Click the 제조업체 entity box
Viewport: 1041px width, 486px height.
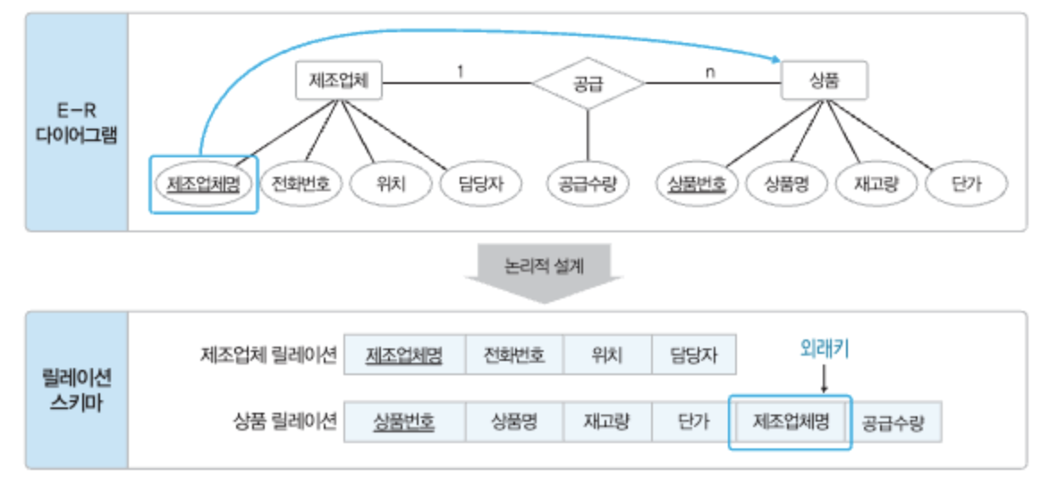coord(339,83)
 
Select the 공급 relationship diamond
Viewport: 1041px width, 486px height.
coord(588,84)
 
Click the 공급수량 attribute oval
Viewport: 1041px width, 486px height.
coord(588,184)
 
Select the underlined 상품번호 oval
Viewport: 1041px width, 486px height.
coord(697,184)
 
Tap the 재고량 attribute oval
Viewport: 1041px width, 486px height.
coord(876,184)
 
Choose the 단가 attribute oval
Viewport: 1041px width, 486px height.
coord(966,184)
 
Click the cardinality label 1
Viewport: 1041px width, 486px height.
coord(460,70)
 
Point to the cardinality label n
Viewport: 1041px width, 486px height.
coord(709,71)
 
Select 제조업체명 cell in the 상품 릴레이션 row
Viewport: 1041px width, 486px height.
coord(791,421)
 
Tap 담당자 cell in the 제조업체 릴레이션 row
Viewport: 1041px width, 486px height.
coord(695,356)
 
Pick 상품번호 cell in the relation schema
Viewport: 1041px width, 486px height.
coord(404,422)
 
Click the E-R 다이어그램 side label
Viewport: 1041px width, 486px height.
coord(78,123)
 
